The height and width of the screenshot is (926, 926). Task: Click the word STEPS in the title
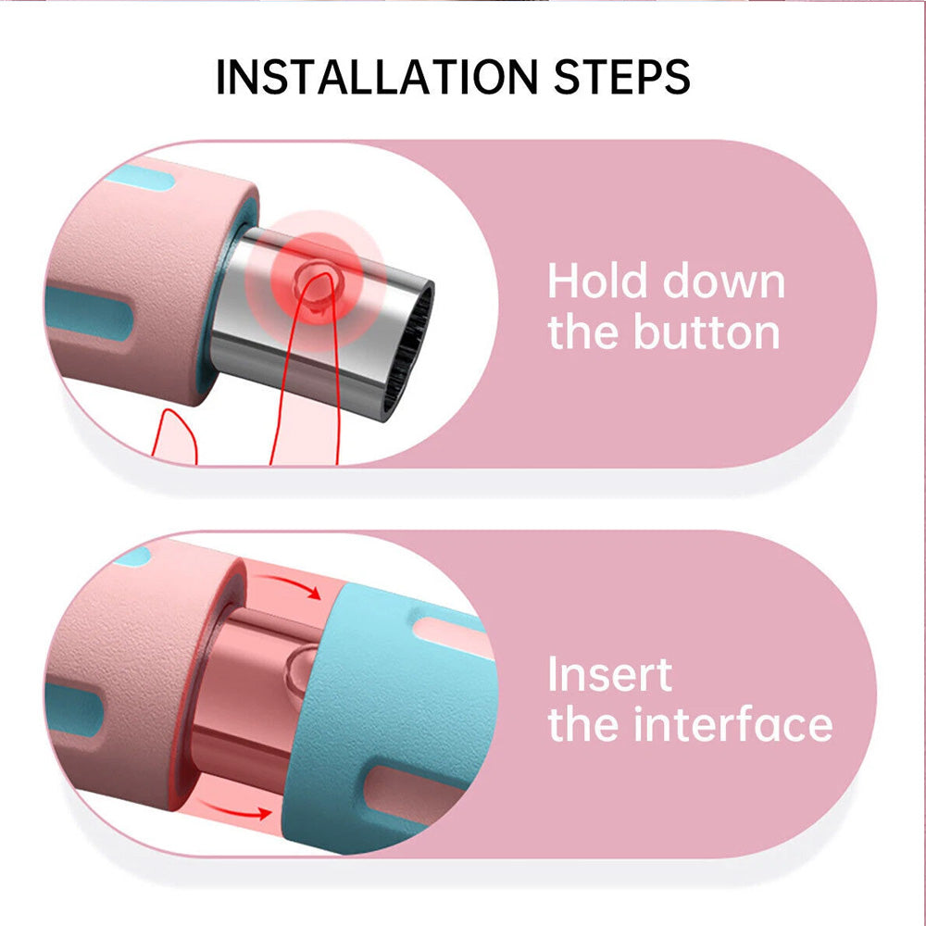pos(622,77)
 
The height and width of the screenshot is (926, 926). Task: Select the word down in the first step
pos(724,282)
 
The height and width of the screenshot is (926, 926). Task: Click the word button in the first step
pos(707,332)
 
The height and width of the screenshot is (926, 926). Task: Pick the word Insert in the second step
pos(610,674)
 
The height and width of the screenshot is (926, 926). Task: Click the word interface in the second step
pos(732,724)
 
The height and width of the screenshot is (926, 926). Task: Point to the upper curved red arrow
pos(293,584)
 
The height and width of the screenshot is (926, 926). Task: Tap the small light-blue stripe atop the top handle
pos(141,177)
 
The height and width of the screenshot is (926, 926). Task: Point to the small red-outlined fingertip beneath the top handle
pos(175,436)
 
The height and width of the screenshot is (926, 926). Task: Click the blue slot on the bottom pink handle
pos(74,708)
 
